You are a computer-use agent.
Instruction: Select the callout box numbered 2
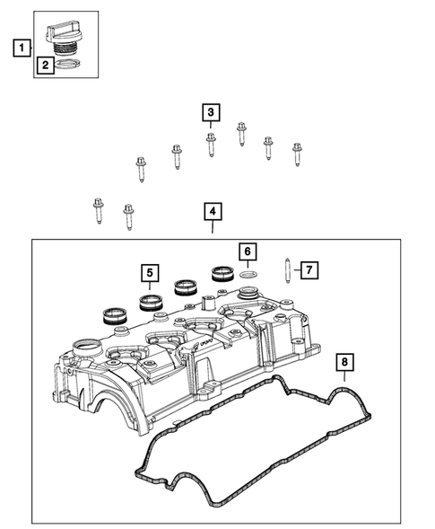45,64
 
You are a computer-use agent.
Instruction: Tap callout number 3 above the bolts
210,112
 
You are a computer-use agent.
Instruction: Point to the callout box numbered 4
212,212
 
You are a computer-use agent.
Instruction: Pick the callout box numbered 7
307,269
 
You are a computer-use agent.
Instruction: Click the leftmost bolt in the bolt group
99,211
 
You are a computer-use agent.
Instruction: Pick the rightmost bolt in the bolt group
297,154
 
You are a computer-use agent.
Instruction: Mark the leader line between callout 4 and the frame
212,230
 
